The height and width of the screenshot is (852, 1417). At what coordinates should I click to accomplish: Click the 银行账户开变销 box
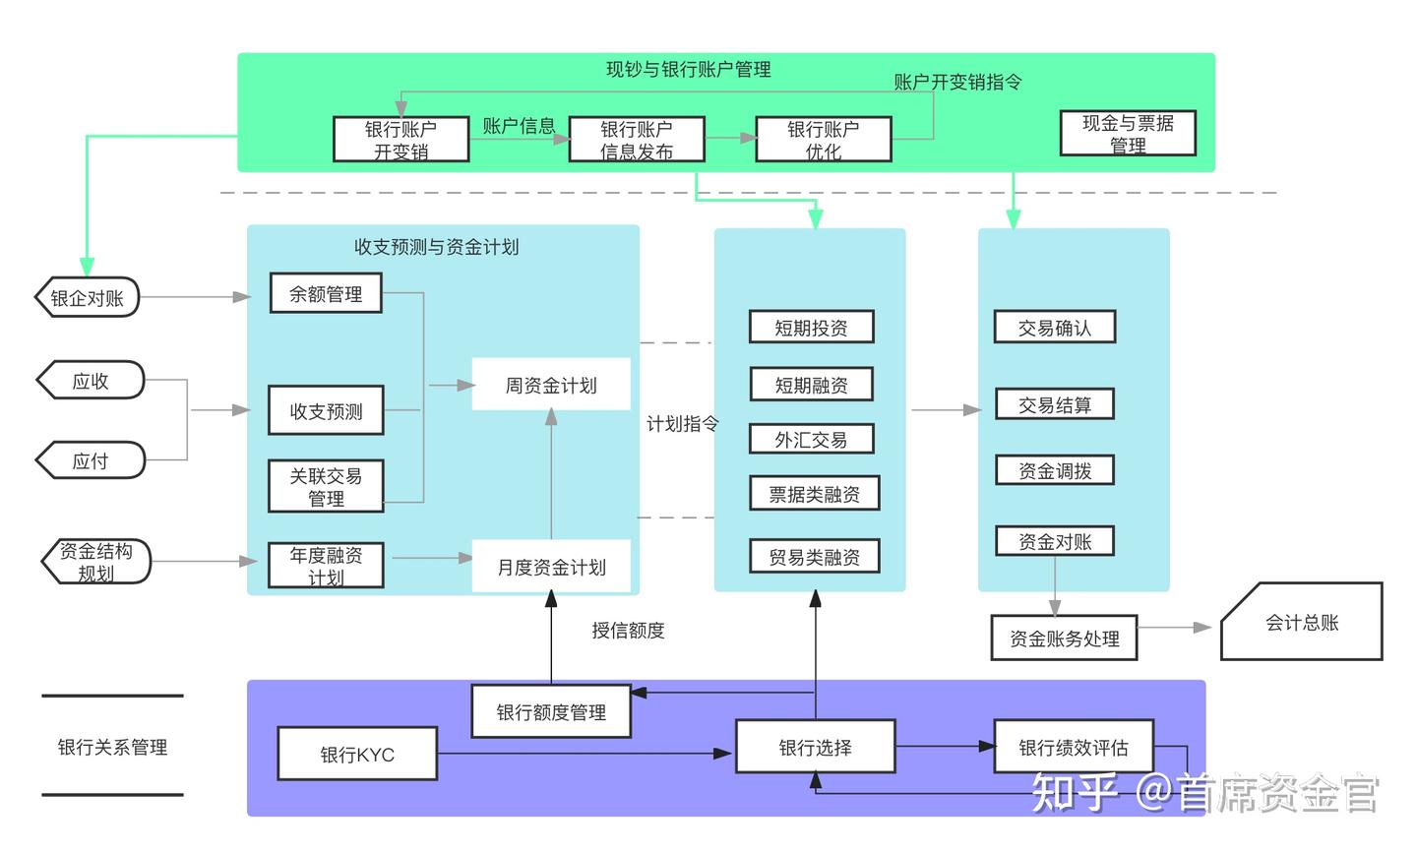(x=400, y=140)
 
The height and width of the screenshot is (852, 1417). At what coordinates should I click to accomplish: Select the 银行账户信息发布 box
(x=637, y=140)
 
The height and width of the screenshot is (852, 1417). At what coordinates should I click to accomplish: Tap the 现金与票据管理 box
(x=1128, y=134)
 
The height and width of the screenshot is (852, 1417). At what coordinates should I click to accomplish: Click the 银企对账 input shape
(x=88, y=297)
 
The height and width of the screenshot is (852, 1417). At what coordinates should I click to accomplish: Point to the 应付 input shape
(x=91, y=460)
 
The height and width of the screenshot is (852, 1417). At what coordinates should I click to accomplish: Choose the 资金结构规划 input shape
(x=96, y=562)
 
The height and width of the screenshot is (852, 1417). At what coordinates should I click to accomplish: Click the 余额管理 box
(x=326, y=294)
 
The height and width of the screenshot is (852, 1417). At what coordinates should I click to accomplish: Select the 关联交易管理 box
(x=326, y=487)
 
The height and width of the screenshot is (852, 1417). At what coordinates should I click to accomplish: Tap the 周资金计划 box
(x=551, y=385)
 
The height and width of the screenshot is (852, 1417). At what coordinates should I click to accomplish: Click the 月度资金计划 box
(x=551, y=567)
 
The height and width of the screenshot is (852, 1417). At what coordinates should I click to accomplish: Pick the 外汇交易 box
(x=811, y=440)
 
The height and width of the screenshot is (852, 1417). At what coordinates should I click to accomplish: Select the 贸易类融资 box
(x=814, y=557)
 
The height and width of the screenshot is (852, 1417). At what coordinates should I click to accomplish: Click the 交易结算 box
(x=1054, y=405)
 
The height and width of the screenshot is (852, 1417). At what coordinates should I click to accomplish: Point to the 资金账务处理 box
(x=1064, y=639)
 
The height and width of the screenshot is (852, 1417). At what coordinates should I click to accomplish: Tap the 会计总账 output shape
(x=1301, y=623)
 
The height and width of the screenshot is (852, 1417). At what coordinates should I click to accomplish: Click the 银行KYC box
(x=357, y=755)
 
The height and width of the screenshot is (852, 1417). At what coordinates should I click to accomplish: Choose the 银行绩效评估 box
(x=1073, y=748)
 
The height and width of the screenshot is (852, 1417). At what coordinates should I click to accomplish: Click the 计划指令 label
(x=682, y=424)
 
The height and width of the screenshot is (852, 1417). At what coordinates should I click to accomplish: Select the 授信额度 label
(x=628, y=631)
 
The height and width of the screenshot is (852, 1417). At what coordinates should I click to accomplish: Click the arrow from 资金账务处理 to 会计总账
(x=1175, y=628)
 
